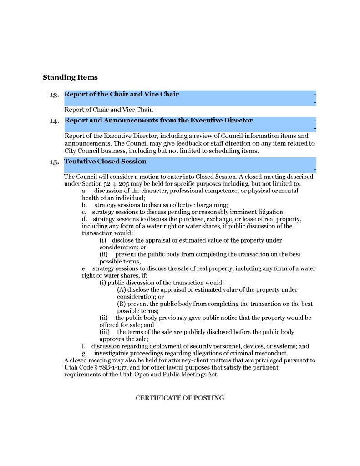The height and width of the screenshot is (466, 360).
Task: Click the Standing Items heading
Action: point(70,78)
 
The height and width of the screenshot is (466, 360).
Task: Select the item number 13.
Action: point(55,95)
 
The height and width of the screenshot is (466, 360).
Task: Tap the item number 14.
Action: point(55,121)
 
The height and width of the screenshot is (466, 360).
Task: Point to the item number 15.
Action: point(55,162)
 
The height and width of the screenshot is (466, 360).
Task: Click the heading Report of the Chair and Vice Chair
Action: point(122,95)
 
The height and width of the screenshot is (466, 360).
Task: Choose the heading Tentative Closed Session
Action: point(105,162)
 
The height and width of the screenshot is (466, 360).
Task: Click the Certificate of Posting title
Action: point(180,398)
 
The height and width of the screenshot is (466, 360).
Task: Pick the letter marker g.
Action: point(84,353)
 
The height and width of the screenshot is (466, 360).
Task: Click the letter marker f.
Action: point(84,346)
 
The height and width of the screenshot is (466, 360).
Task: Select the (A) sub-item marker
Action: point(122,289)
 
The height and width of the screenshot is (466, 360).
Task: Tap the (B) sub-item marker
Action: point(122,304)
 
